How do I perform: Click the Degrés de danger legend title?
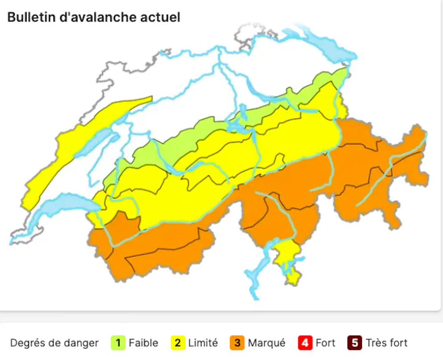[x=54, y=343]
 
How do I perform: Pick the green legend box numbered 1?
[x=118, y=343]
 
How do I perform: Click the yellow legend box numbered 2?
[x=178, y=343]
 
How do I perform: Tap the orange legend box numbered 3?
[x=237, y=343]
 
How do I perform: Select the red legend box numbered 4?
[x=305, y=343]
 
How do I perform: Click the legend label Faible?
[x=143, y=343]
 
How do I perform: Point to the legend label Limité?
[x=203, y=343]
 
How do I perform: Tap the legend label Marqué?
[x=267, y=343]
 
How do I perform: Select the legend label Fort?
[x=325, y=343]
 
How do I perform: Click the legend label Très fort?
[x=386, y=343]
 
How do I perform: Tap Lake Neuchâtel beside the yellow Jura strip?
[x=94, y=143]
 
